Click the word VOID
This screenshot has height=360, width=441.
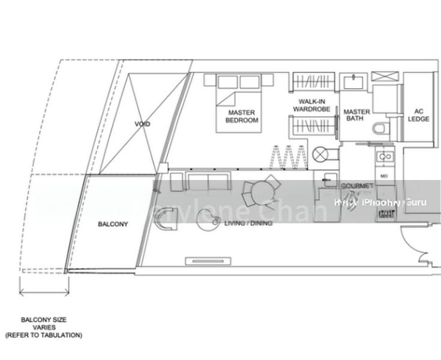pos(142,124)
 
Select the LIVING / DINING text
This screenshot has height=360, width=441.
pos(248,223)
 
